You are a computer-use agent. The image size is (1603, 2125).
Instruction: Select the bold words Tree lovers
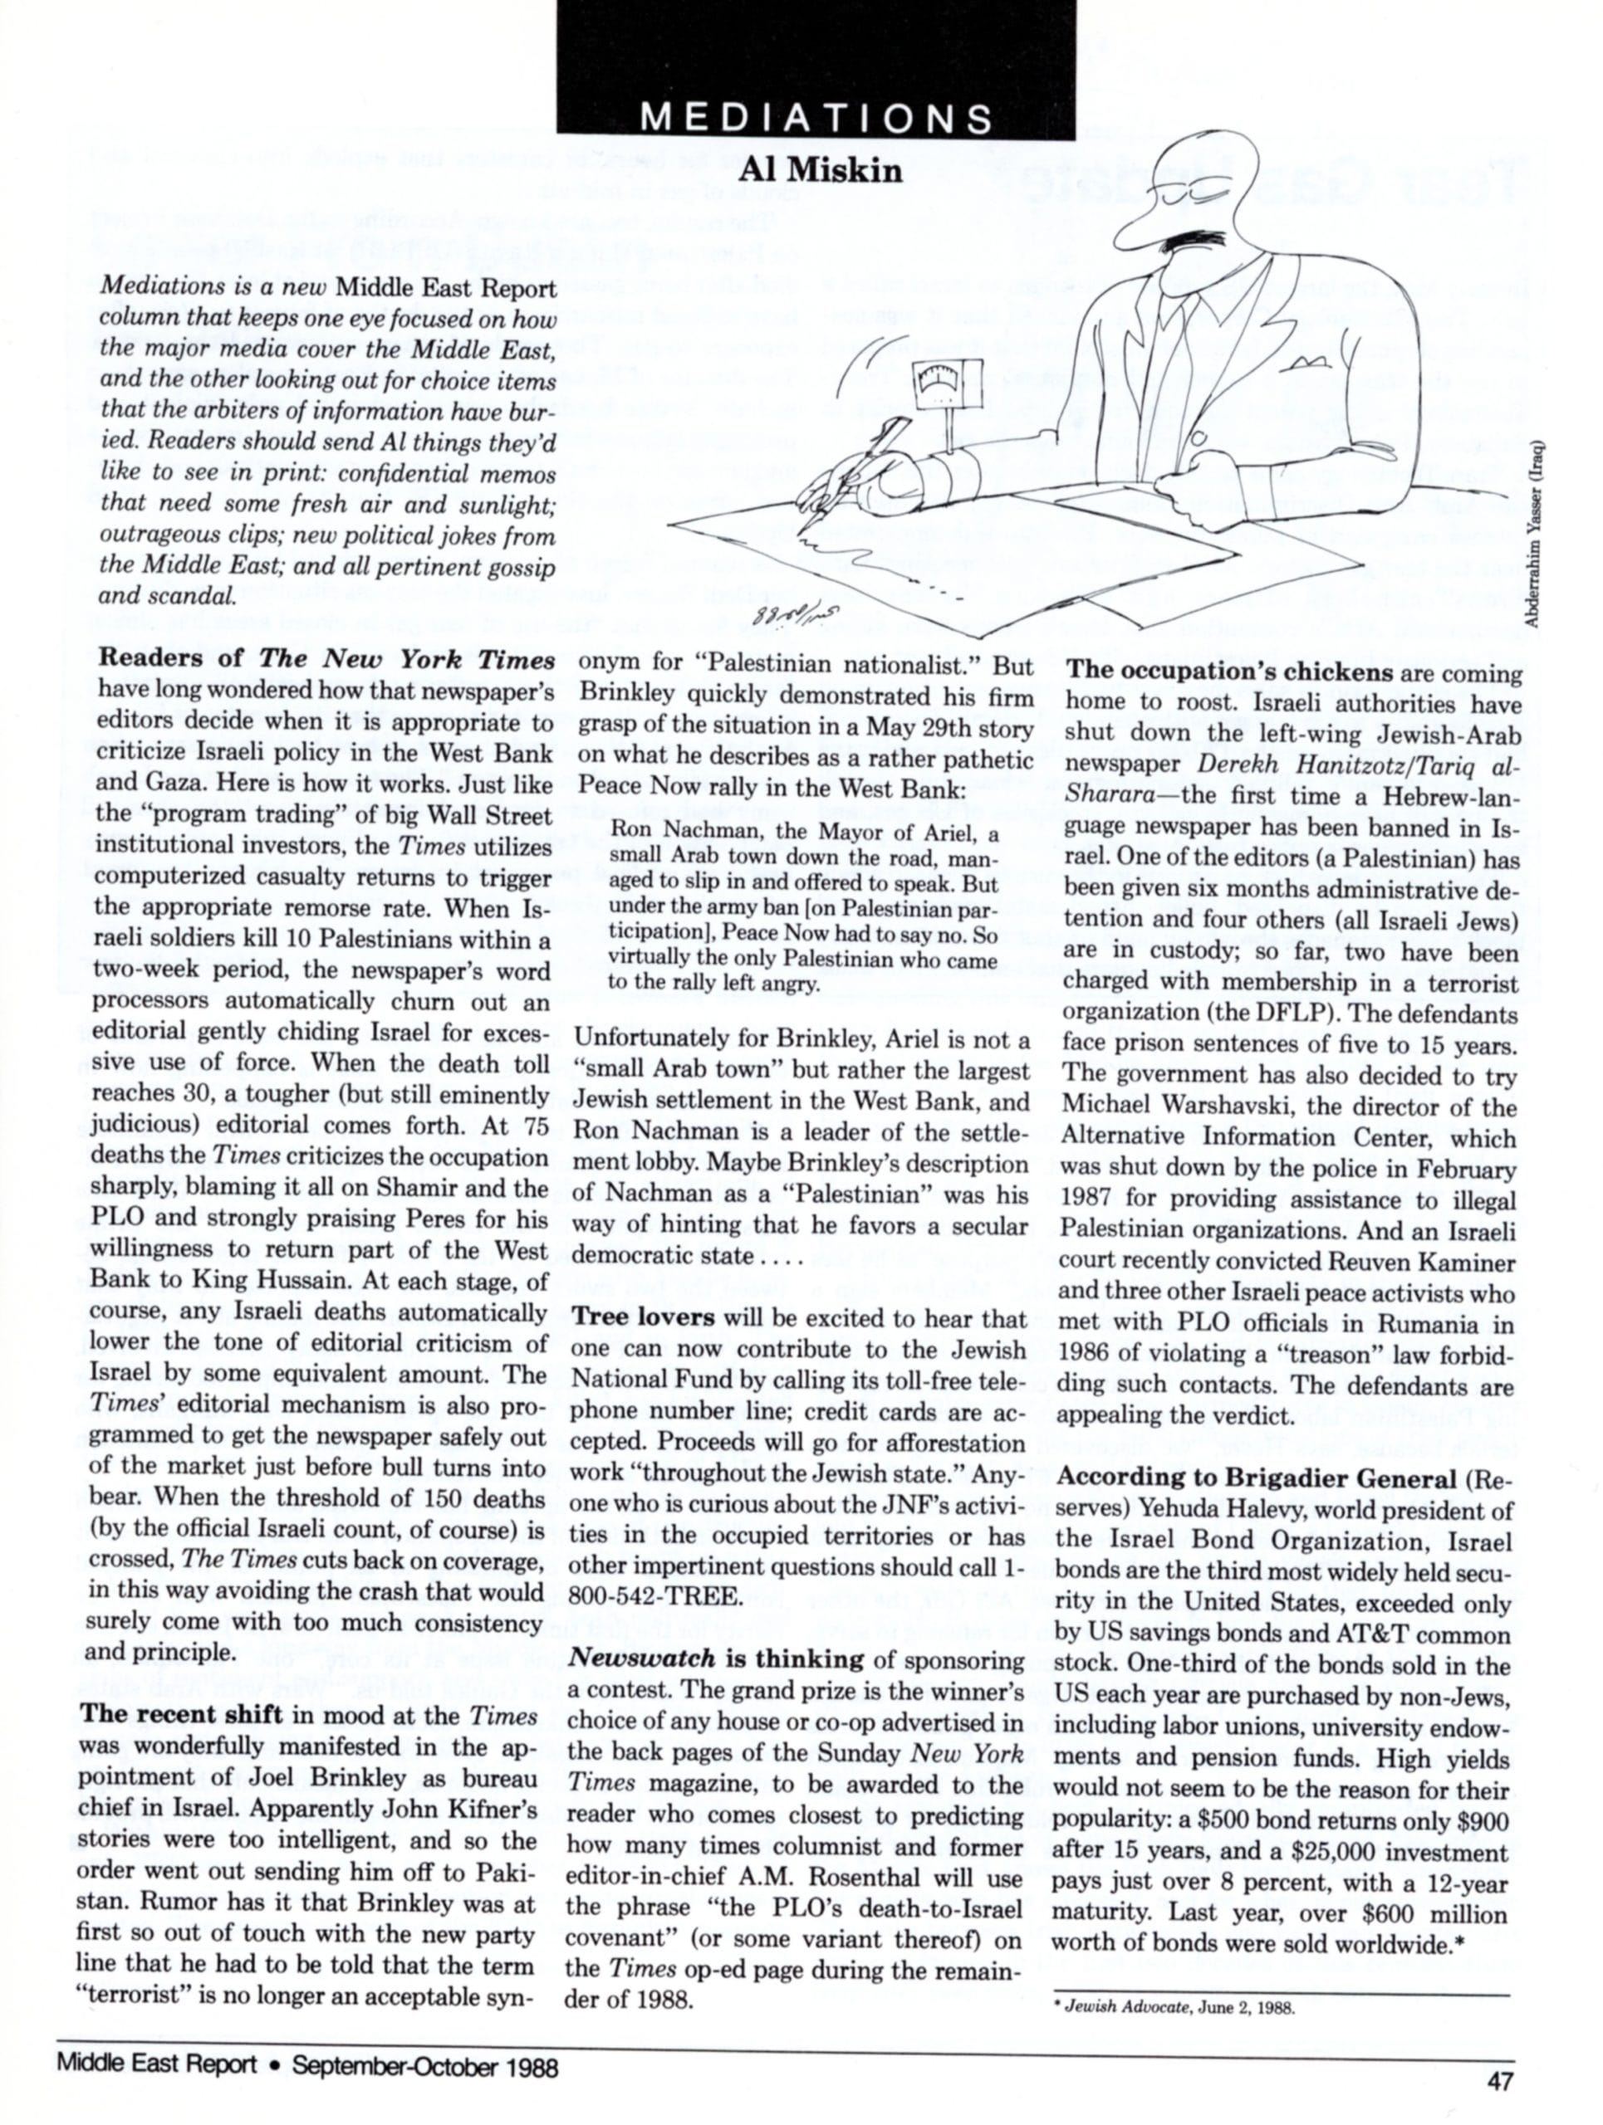(644, 1319)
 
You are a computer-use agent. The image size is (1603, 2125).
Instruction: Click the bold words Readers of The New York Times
(328, 660)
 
